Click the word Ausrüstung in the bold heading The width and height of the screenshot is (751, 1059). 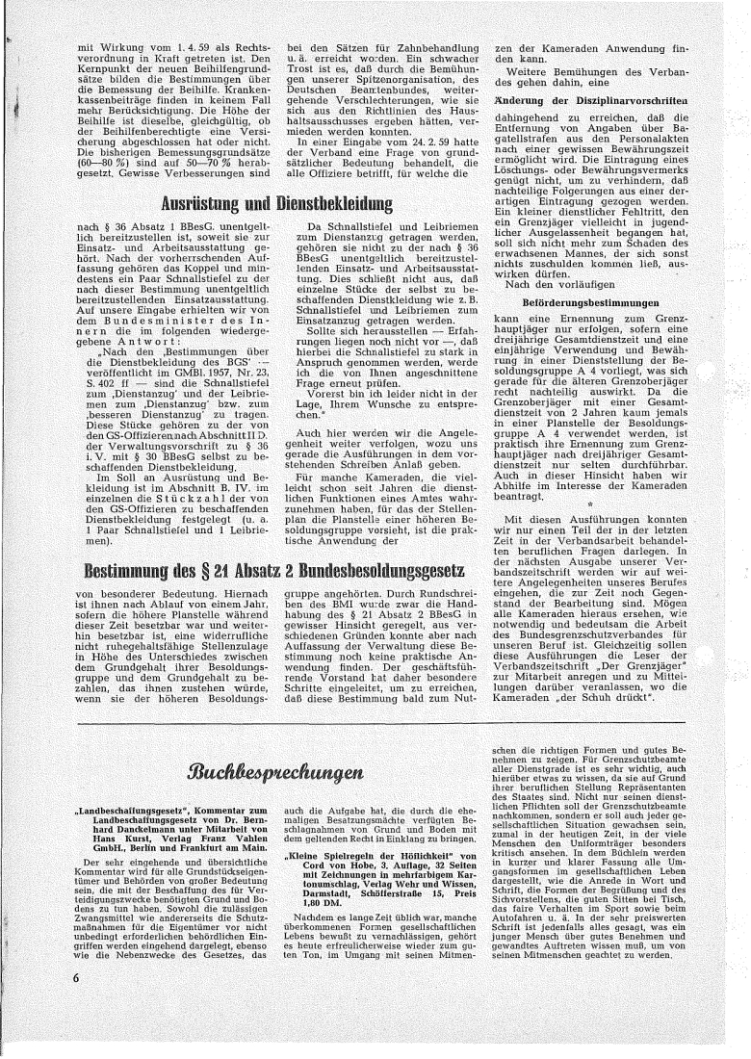point(208,204)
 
